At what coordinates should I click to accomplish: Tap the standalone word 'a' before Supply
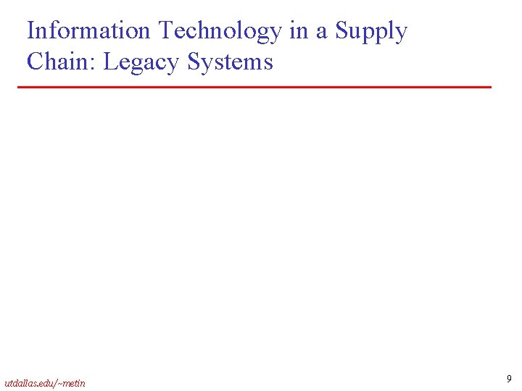[x=320, y=33]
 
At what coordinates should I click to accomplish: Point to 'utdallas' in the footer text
[x=20, y=382]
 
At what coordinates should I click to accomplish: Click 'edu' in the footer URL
[x=46, y=382]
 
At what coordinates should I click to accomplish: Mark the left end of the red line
[x=20, y=87]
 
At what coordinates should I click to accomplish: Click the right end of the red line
[x=490, y=87]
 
